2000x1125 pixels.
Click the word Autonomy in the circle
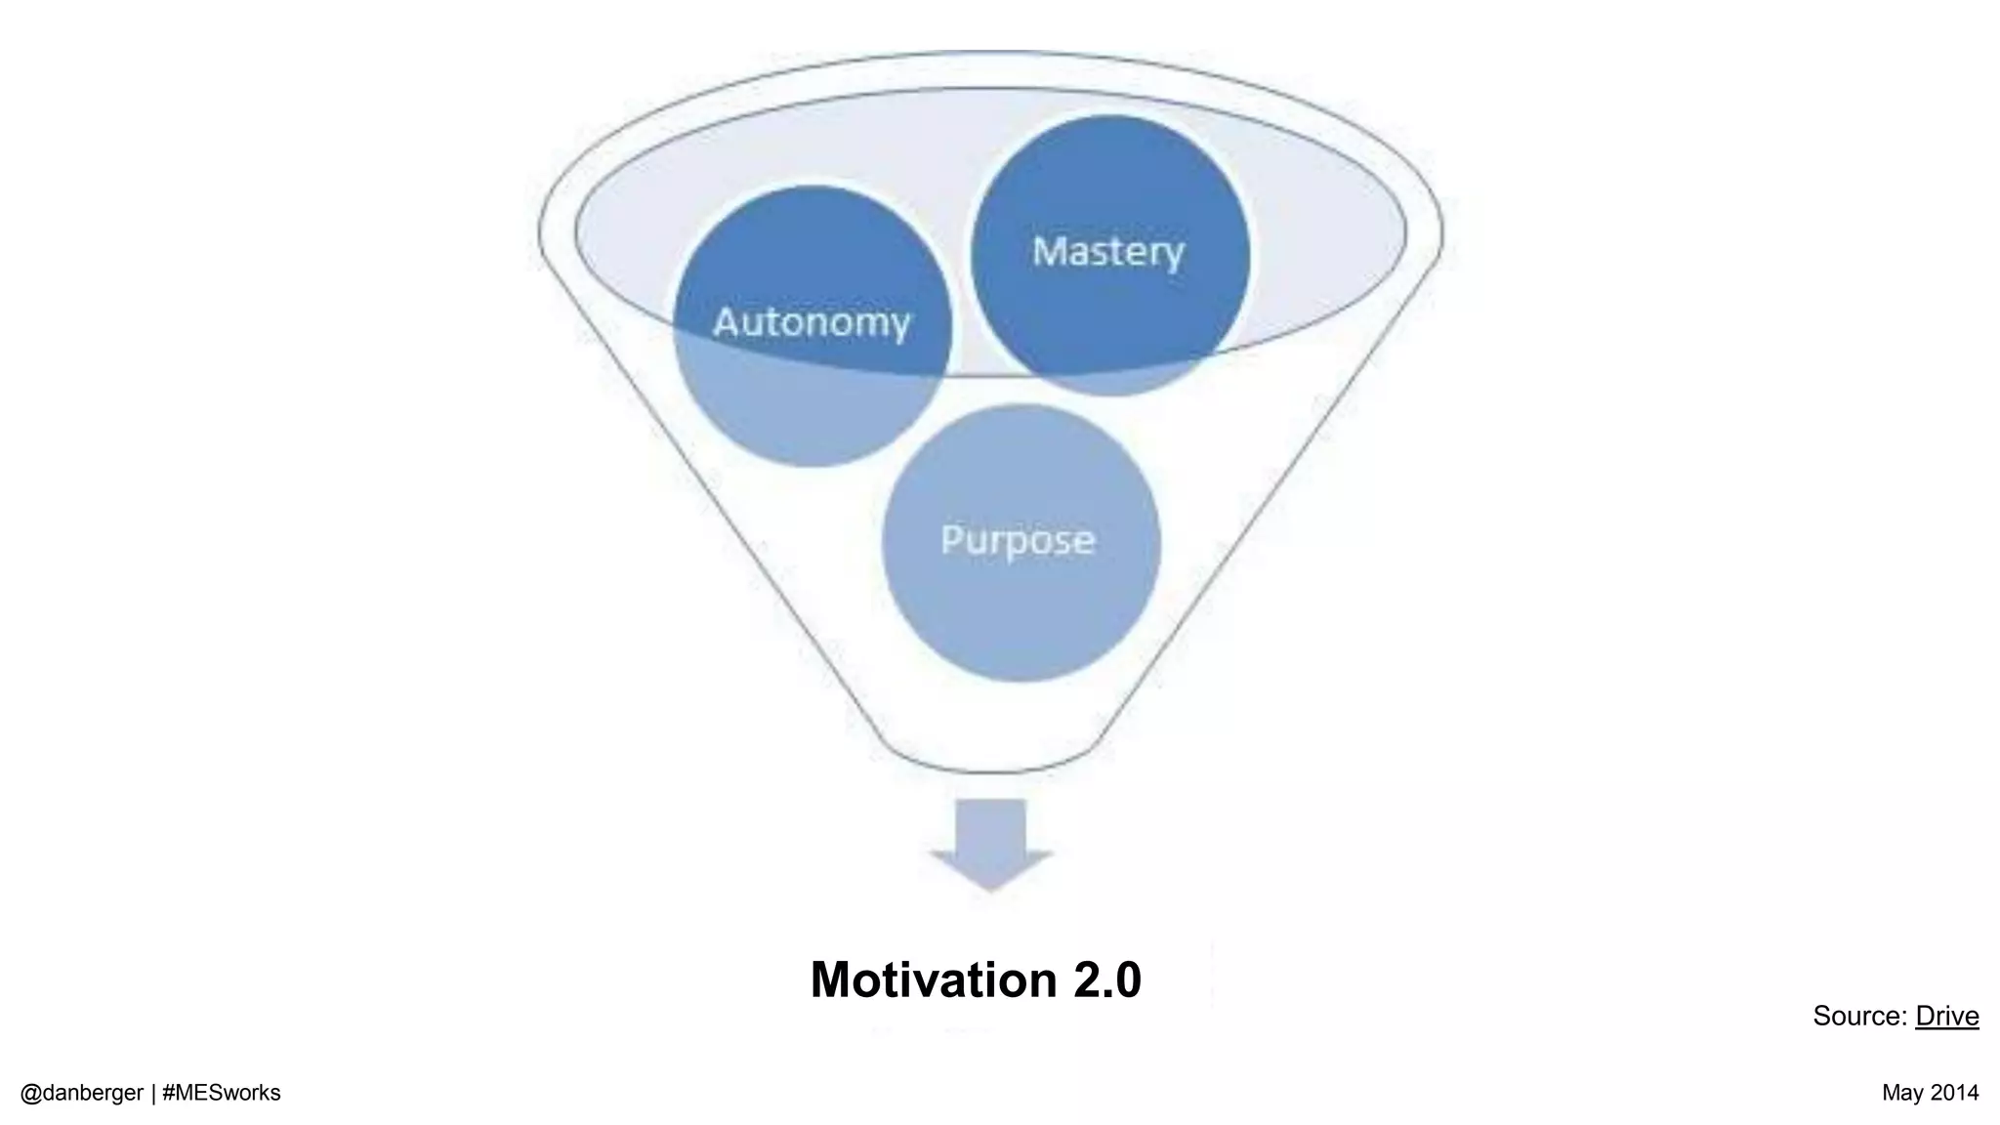(x=812, y=322)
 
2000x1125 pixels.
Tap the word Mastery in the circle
(x=1107, y=252)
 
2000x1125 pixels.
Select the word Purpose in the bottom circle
(x=1018, y=540)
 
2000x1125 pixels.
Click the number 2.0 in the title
(x=1106, y=979)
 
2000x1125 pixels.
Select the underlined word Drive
(x=1946, y=1016)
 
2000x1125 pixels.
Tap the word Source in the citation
(x=1857, y=1016)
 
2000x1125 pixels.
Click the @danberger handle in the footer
(x=82, y=1093)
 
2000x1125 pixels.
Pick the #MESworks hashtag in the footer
(x=222, y=1093)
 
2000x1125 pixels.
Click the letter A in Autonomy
(x=727, y=322)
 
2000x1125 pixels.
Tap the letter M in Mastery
(x=1049, y=252)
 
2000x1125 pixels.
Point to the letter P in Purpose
(x=951, y=540)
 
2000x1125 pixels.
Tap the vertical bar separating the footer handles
(x=153, y=1093)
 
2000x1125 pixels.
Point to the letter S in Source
(x=1822, y=1016)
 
